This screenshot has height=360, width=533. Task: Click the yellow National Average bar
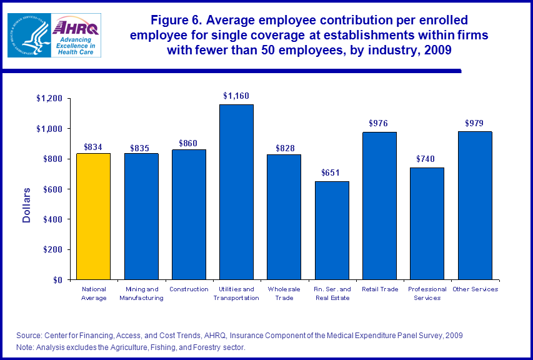94,216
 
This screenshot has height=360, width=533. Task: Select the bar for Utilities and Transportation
236,192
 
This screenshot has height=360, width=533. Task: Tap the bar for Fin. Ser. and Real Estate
332,231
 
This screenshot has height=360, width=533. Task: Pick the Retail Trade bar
379,206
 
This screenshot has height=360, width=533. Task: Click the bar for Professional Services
427,224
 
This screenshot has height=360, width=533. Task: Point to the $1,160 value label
236,96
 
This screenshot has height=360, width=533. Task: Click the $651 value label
332,172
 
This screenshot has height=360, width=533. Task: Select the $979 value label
474,123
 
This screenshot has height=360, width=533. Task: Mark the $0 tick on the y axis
57,280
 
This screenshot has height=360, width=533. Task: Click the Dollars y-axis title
27,205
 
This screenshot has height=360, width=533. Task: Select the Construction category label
189,289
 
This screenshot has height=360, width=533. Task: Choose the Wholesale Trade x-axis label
284,293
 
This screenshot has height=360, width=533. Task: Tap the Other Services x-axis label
474,289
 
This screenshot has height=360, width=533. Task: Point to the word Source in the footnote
28,336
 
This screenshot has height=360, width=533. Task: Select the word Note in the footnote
24,347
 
